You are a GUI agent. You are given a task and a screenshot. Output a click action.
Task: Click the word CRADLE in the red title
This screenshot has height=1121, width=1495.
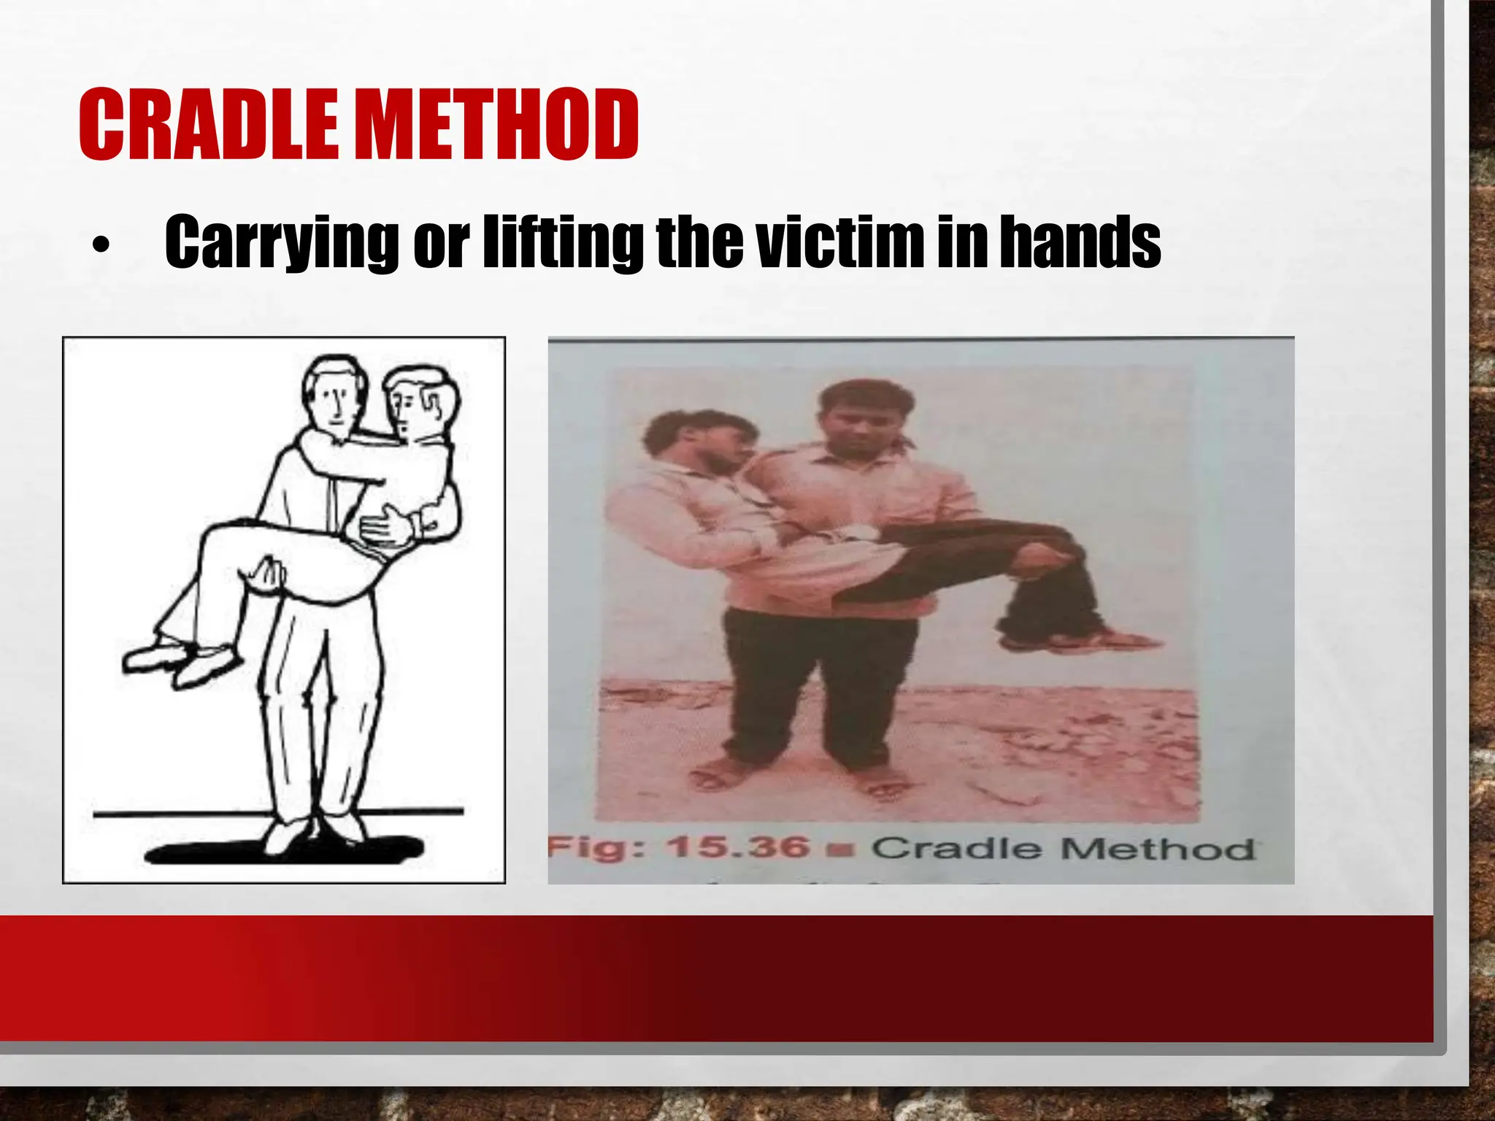point(208,125)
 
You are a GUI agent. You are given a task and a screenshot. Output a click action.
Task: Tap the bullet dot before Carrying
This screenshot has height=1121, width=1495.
point(101,246)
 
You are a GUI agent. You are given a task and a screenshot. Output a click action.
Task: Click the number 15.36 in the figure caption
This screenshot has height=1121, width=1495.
point(737,848)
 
